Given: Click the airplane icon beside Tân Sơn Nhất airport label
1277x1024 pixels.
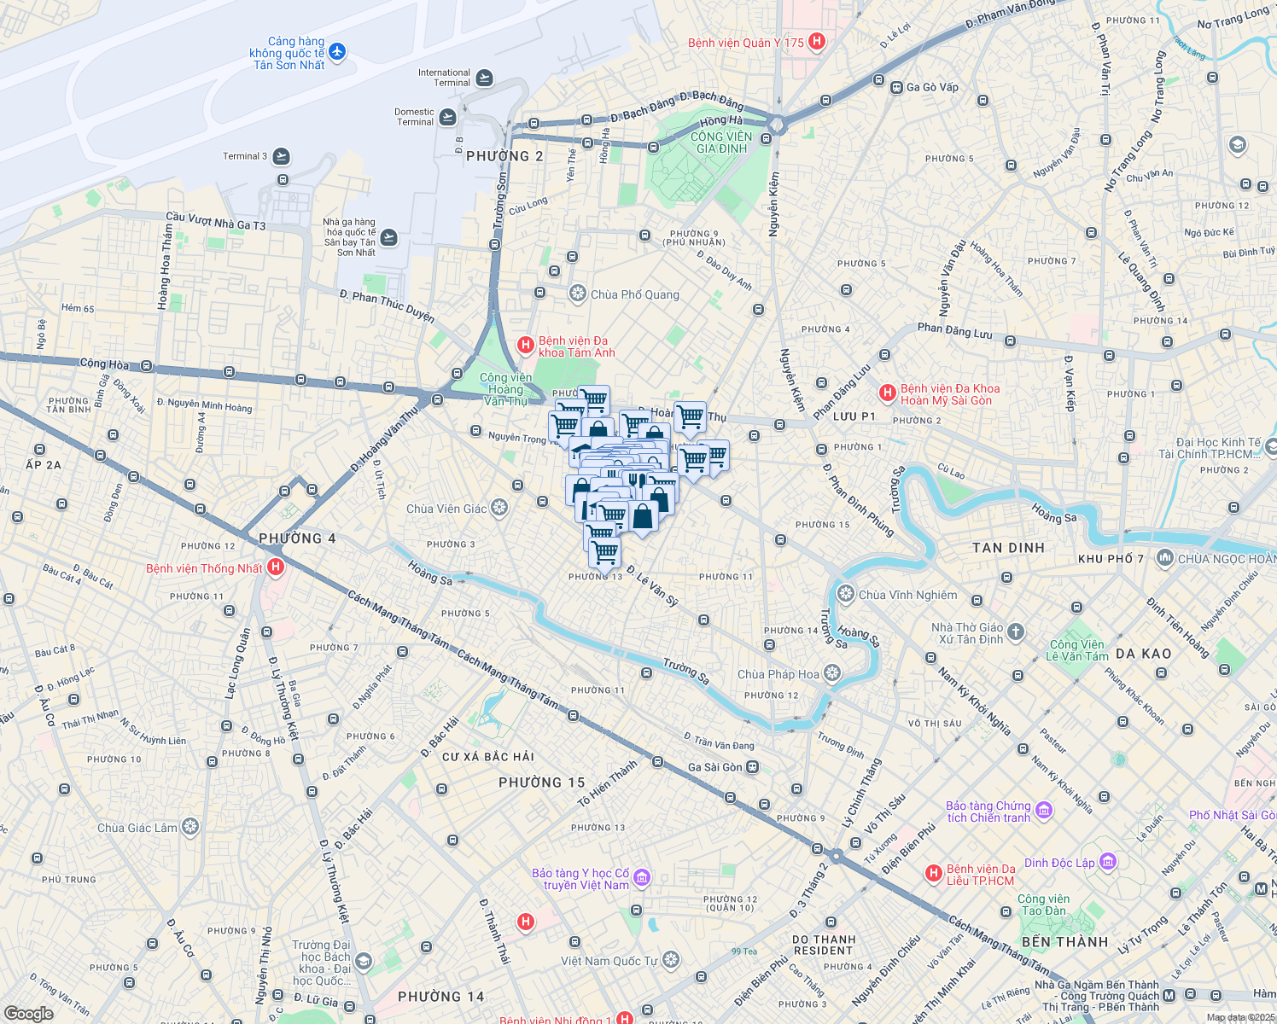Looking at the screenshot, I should click(x=336, y=53).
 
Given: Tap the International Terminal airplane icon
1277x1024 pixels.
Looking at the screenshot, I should click(x=484, y=78).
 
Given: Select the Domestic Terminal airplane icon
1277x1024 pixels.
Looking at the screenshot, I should click(x=447, y=117).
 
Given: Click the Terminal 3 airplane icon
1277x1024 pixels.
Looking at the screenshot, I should click(x=281, y=156).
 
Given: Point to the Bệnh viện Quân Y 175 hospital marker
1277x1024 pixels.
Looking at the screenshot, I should click(x=817, y=42).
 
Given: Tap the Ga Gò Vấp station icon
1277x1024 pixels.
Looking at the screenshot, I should click(x=896, y=87).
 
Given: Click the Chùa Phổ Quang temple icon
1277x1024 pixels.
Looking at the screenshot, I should click(x=578, y=294).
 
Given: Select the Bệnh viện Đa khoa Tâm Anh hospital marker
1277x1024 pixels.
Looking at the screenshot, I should click(x=526, y=346).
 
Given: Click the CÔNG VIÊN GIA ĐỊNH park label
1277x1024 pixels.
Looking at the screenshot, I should click(x=721, y=143).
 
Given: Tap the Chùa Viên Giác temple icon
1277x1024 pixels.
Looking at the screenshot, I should click(x=499, y=509).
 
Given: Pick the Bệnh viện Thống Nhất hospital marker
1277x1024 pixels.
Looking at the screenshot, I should click(x=275, y=567).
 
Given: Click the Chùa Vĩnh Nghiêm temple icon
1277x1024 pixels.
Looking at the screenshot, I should click(x=846, y=594).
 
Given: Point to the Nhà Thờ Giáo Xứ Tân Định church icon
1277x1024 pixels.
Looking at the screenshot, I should click(x=1015, y=632).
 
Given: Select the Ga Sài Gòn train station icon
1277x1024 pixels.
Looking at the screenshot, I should click(x=752, y=767).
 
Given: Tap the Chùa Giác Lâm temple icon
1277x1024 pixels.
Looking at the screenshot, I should click(x=190, y=827).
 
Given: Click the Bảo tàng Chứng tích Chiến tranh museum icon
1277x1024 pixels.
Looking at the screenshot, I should click(x=1043, y=809).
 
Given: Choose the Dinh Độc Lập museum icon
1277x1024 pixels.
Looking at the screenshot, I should click(x=1107, y=862).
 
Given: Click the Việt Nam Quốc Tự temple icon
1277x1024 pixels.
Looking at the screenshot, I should click(x=671, y=961).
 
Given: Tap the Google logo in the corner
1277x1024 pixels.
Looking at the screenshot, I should click(x=28, y=1013).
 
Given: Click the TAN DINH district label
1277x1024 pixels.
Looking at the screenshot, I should click(x=1008, y=548).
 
